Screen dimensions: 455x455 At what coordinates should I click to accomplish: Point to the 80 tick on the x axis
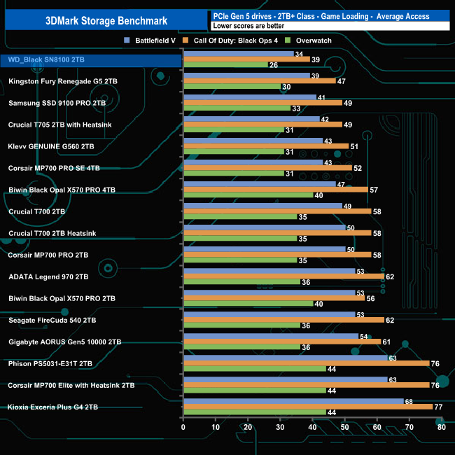click(x=441, y=427)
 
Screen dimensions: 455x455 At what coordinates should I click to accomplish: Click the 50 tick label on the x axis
click(x=344, y=427)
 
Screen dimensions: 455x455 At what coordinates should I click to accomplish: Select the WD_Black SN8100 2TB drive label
click(x=46, y=60)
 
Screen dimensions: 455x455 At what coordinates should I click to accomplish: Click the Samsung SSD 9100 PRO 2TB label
click(x=57, y=103)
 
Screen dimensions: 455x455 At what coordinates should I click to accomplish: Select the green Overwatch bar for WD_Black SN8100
click(x=225, y=65)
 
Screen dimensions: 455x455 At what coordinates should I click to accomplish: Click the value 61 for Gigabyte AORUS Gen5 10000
click(x=386, y=341)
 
